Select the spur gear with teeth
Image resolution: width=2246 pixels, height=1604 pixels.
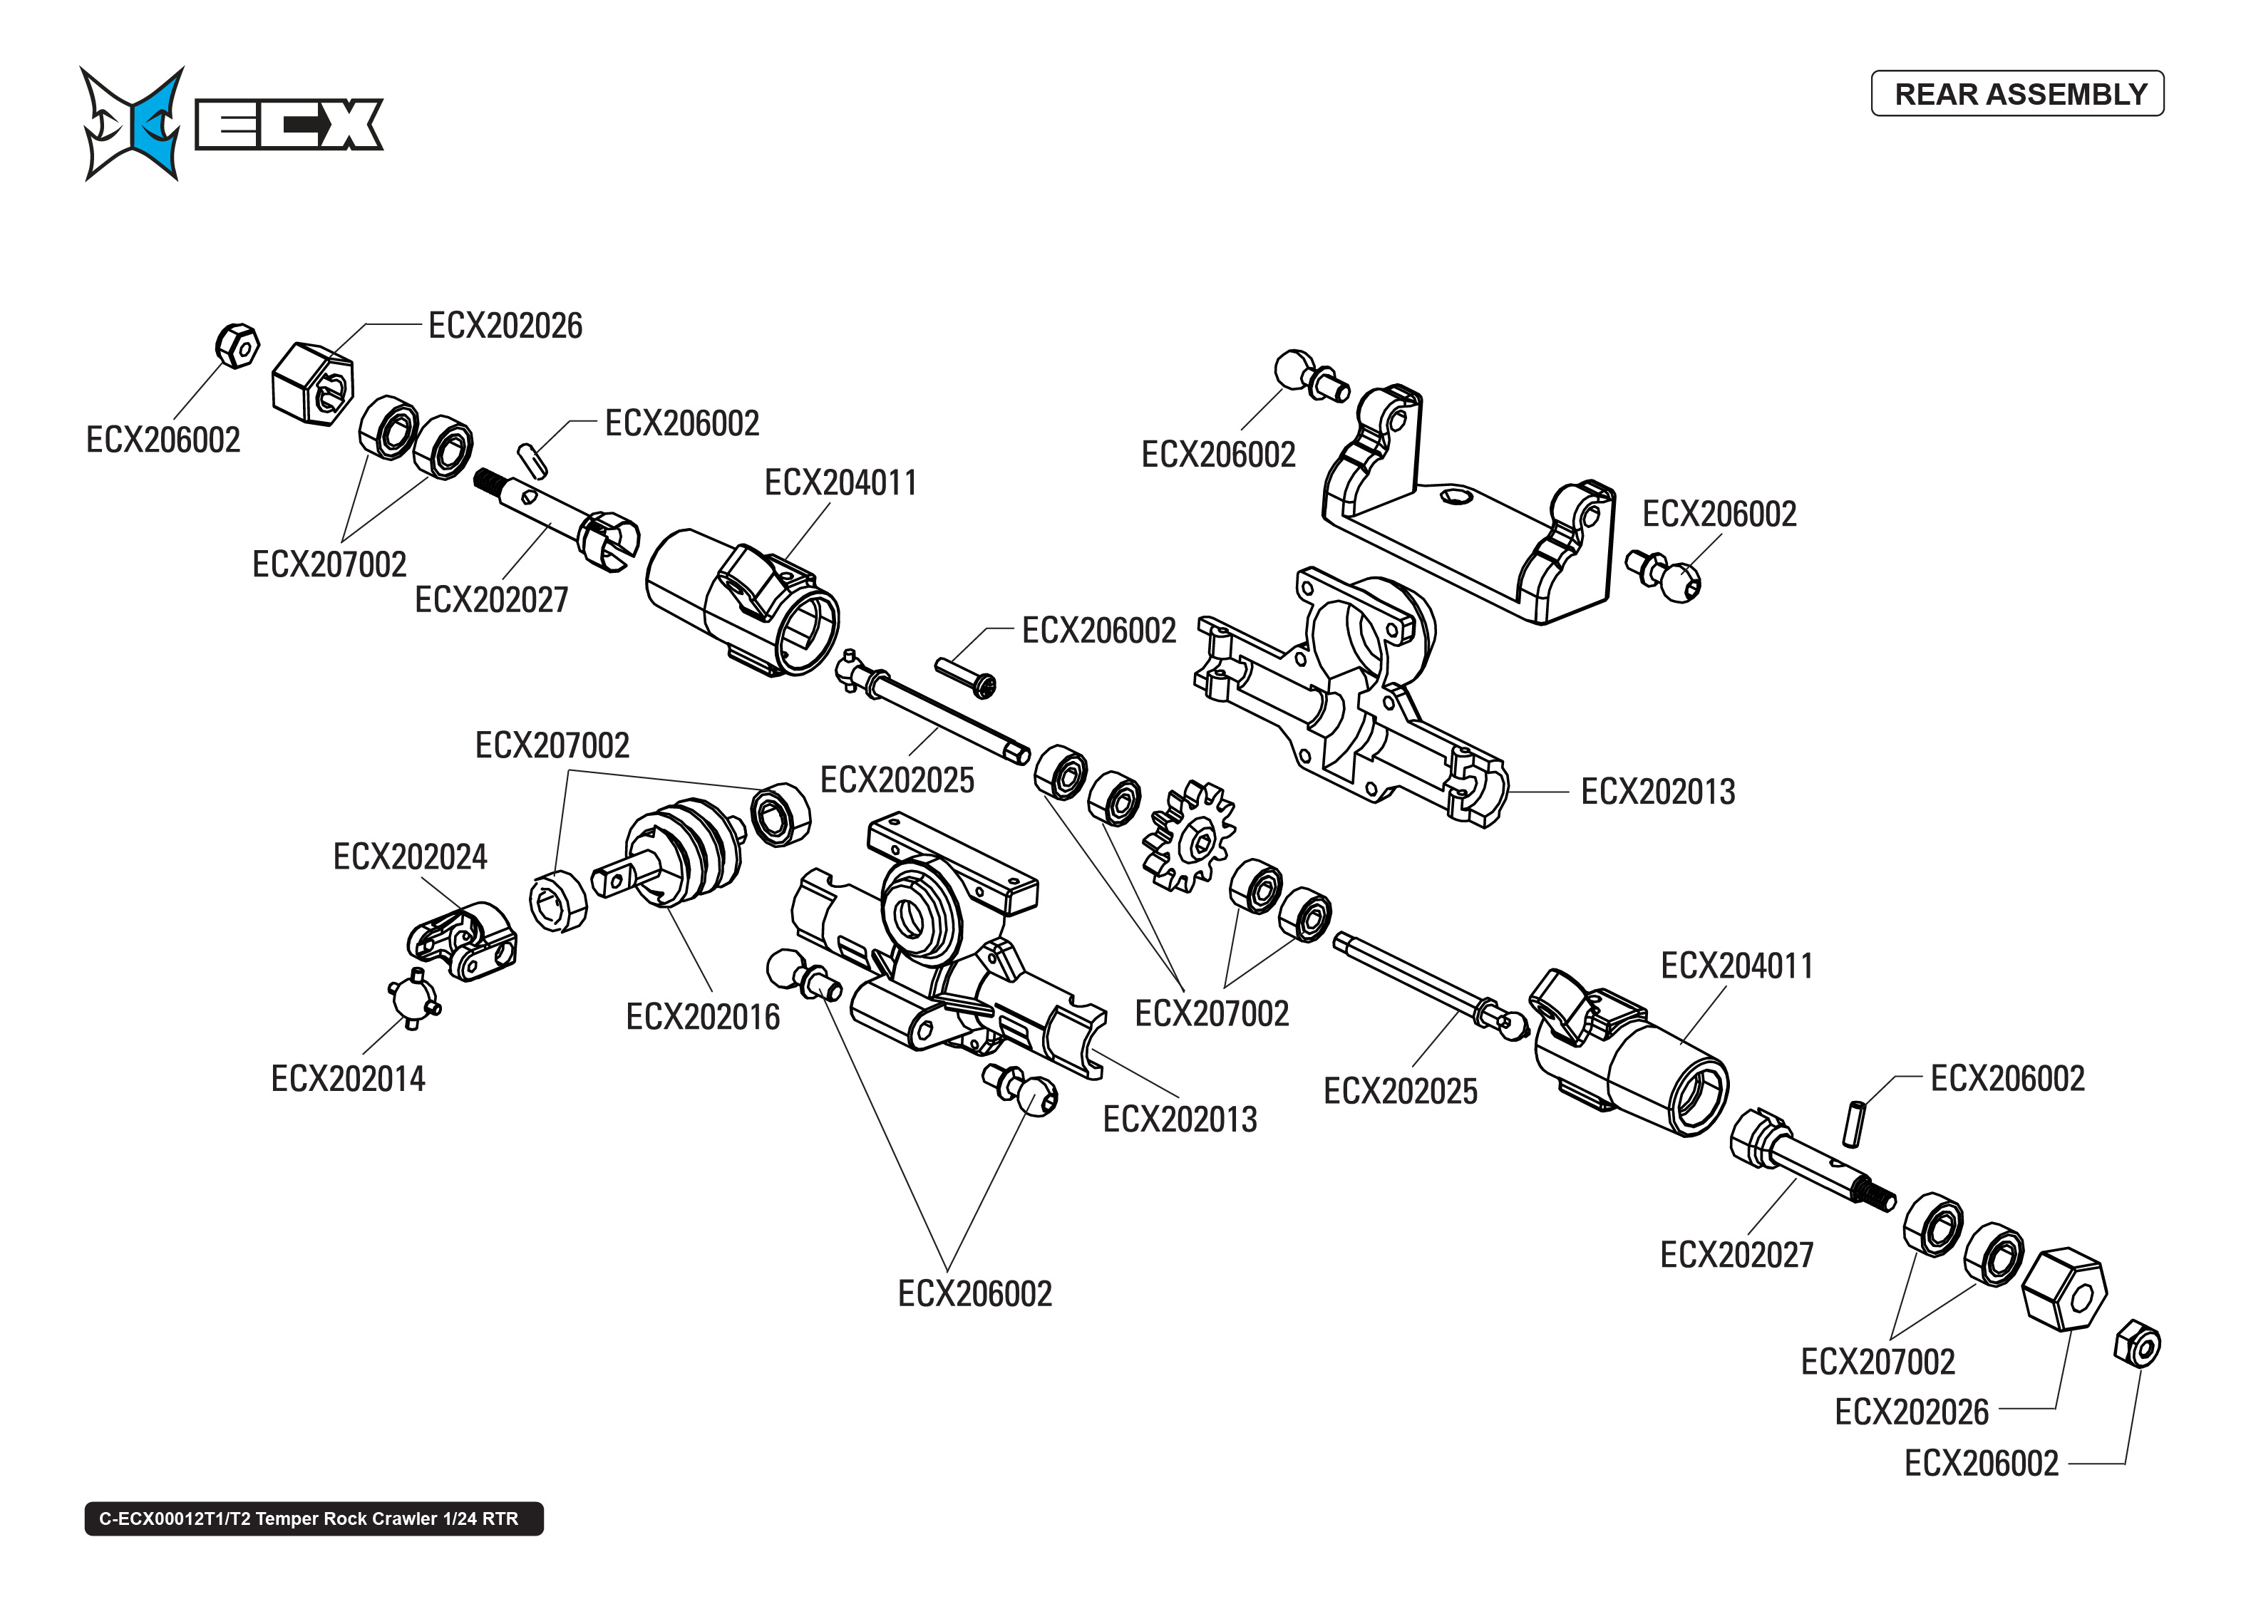pyautogui.click(x=1188, y=836)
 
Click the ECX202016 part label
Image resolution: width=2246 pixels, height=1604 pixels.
pyautogui.click(x=702, y=1016)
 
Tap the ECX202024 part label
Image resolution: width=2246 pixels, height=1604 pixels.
pyautogui.click(x=410, y=857)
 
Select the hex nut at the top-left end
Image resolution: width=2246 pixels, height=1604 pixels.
pyautogui.click(x=237, y=346)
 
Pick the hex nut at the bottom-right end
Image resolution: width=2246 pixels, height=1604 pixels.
pyautogui.click(x=2138, y=1344)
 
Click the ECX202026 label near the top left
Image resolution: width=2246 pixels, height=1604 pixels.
pyautogui.click(x=505, y=325)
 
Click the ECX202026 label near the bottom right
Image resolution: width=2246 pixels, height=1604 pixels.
pyautogui.click(x=1911, y=1412)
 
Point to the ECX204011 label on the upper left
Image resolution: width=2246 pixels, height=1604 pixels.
pyautogui.click(x=840, y=482)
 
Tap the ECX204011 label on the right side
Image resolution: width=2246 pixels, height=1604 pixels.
pyautogui.click(x=1736, y=965)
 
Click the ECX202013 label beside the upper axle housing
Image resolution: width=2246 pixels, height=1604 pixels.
pyautogui.click(x=1657, y=791)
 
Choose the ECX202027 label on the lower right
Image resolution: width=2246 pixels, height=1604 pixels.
pyautogui.click(x=1736, y=1254)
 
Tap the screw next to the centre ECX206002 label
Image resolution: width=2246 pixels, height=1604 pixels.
pyautogui.click(x=966, y=676)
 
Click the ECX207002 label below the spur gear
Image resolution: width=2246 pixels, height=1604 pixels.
pyautogui.click(x=1211, y=1013)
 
